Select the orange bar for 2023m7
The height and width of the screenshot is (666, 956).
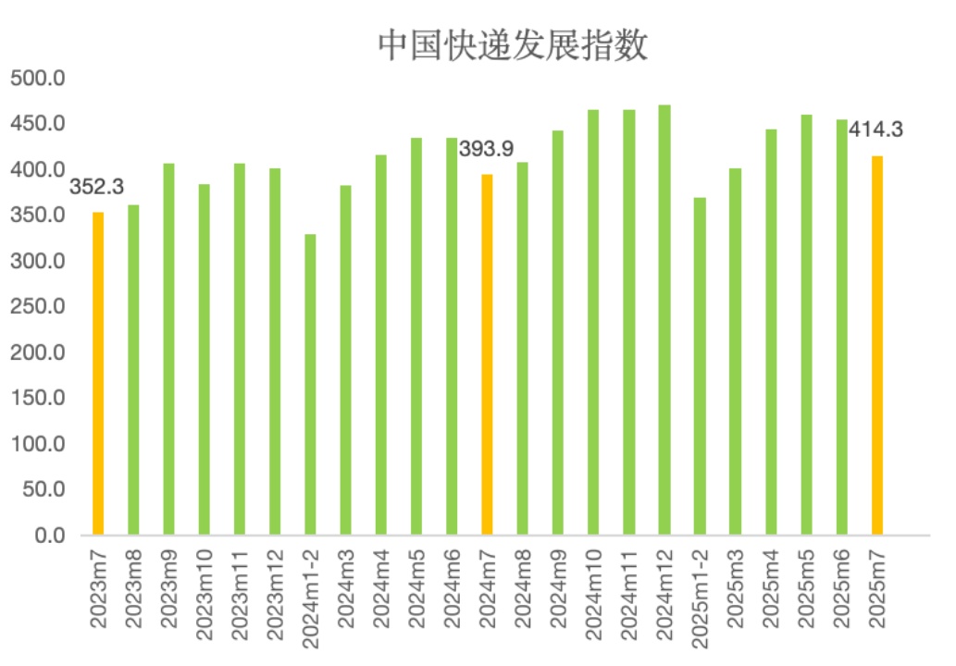point(97,374)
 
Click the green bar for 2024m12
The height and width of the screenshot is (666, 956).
point(664,320)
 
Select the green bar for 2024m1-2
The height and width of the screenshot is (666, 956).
point(310,385)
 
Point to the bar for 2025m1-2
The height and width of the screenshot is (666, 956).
point(700,366)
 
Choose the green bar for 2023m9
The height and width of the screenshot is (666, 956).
point(168,350)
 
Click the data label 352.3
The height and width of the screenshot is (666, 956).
point(96,187)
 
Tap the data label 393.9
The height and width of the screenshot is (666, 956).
point(486,149)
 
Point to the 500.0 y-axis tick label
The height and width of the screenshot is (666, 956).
point(37,79)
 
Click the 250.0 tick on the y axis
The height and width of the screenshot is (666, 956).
point(37,307)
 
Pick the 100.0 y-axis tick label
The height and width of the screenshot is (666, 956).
point(37,444)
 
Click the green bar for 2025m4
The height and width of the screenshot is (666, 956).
point(771,332)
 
